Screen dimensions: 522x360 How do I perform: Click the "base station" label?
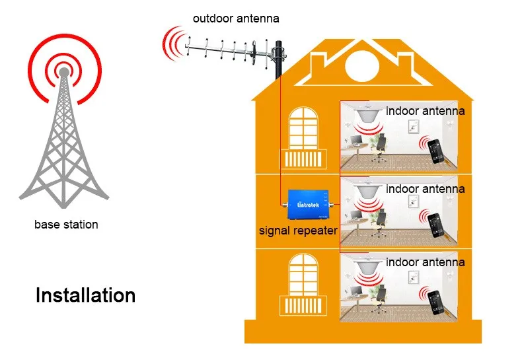[66, 225]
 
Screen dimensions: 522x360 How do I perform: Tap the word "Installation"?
[85, 295]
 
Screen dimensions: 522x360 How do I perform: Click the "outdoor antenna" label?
[236, 18]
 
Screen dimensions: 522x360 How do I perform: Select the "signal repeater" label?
[298, 231]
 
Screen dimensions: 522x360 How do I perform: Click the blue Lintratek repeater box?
[308, 204]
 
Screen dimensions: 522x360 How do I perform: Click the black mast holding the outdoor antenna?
[279, 60]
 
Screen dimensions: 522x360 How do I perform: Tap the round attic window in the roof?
[362, 65]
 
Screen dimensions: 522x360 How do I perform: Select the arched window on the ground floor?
[303, 275]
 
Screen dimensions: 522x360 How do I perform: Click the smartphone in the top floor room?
[435, 151]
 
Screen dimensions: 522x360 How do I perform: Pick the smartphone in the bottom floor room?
[435, 303]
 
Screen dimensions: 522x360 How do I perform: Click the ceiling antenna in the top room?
[369, 114]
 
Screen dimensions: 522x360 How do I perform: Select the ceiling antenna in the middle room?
[369, 190]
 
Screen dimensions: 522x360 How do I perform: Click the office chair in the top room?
[379, 148]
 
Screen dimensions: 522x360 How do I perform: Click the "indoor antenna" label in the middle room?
[425, 189]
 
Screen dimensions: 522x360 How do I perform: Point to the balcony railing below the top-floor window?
[303, 159]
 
